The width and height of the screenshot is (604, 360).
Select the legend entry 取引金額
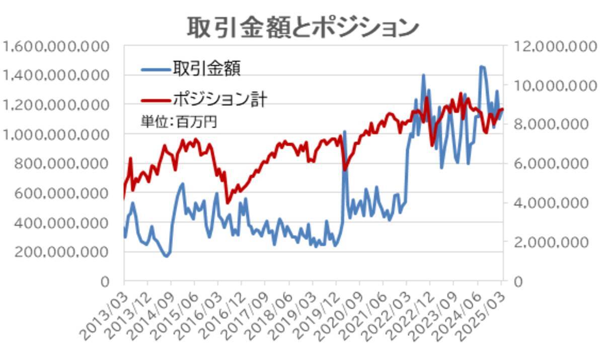(x=206, y=68)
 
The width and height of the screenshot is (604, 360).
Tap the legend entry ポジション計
(x=219, y=99)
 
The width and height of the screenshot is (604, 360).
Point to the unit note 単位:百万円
(x=179, y=122)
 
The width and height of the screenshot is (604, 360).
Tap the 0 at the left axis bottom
(x=104, y=281)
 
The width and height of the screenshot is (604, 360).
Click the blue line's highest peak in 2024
(x=482, y=66)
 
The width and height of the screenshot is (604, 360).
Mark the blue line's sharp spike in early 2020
(x=345, y=132)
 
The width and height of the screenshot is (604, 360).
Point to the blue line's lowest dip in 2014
(x=166, y=256)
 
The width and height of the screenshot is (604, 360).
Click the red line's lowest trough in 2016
(x=228, y=202)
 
